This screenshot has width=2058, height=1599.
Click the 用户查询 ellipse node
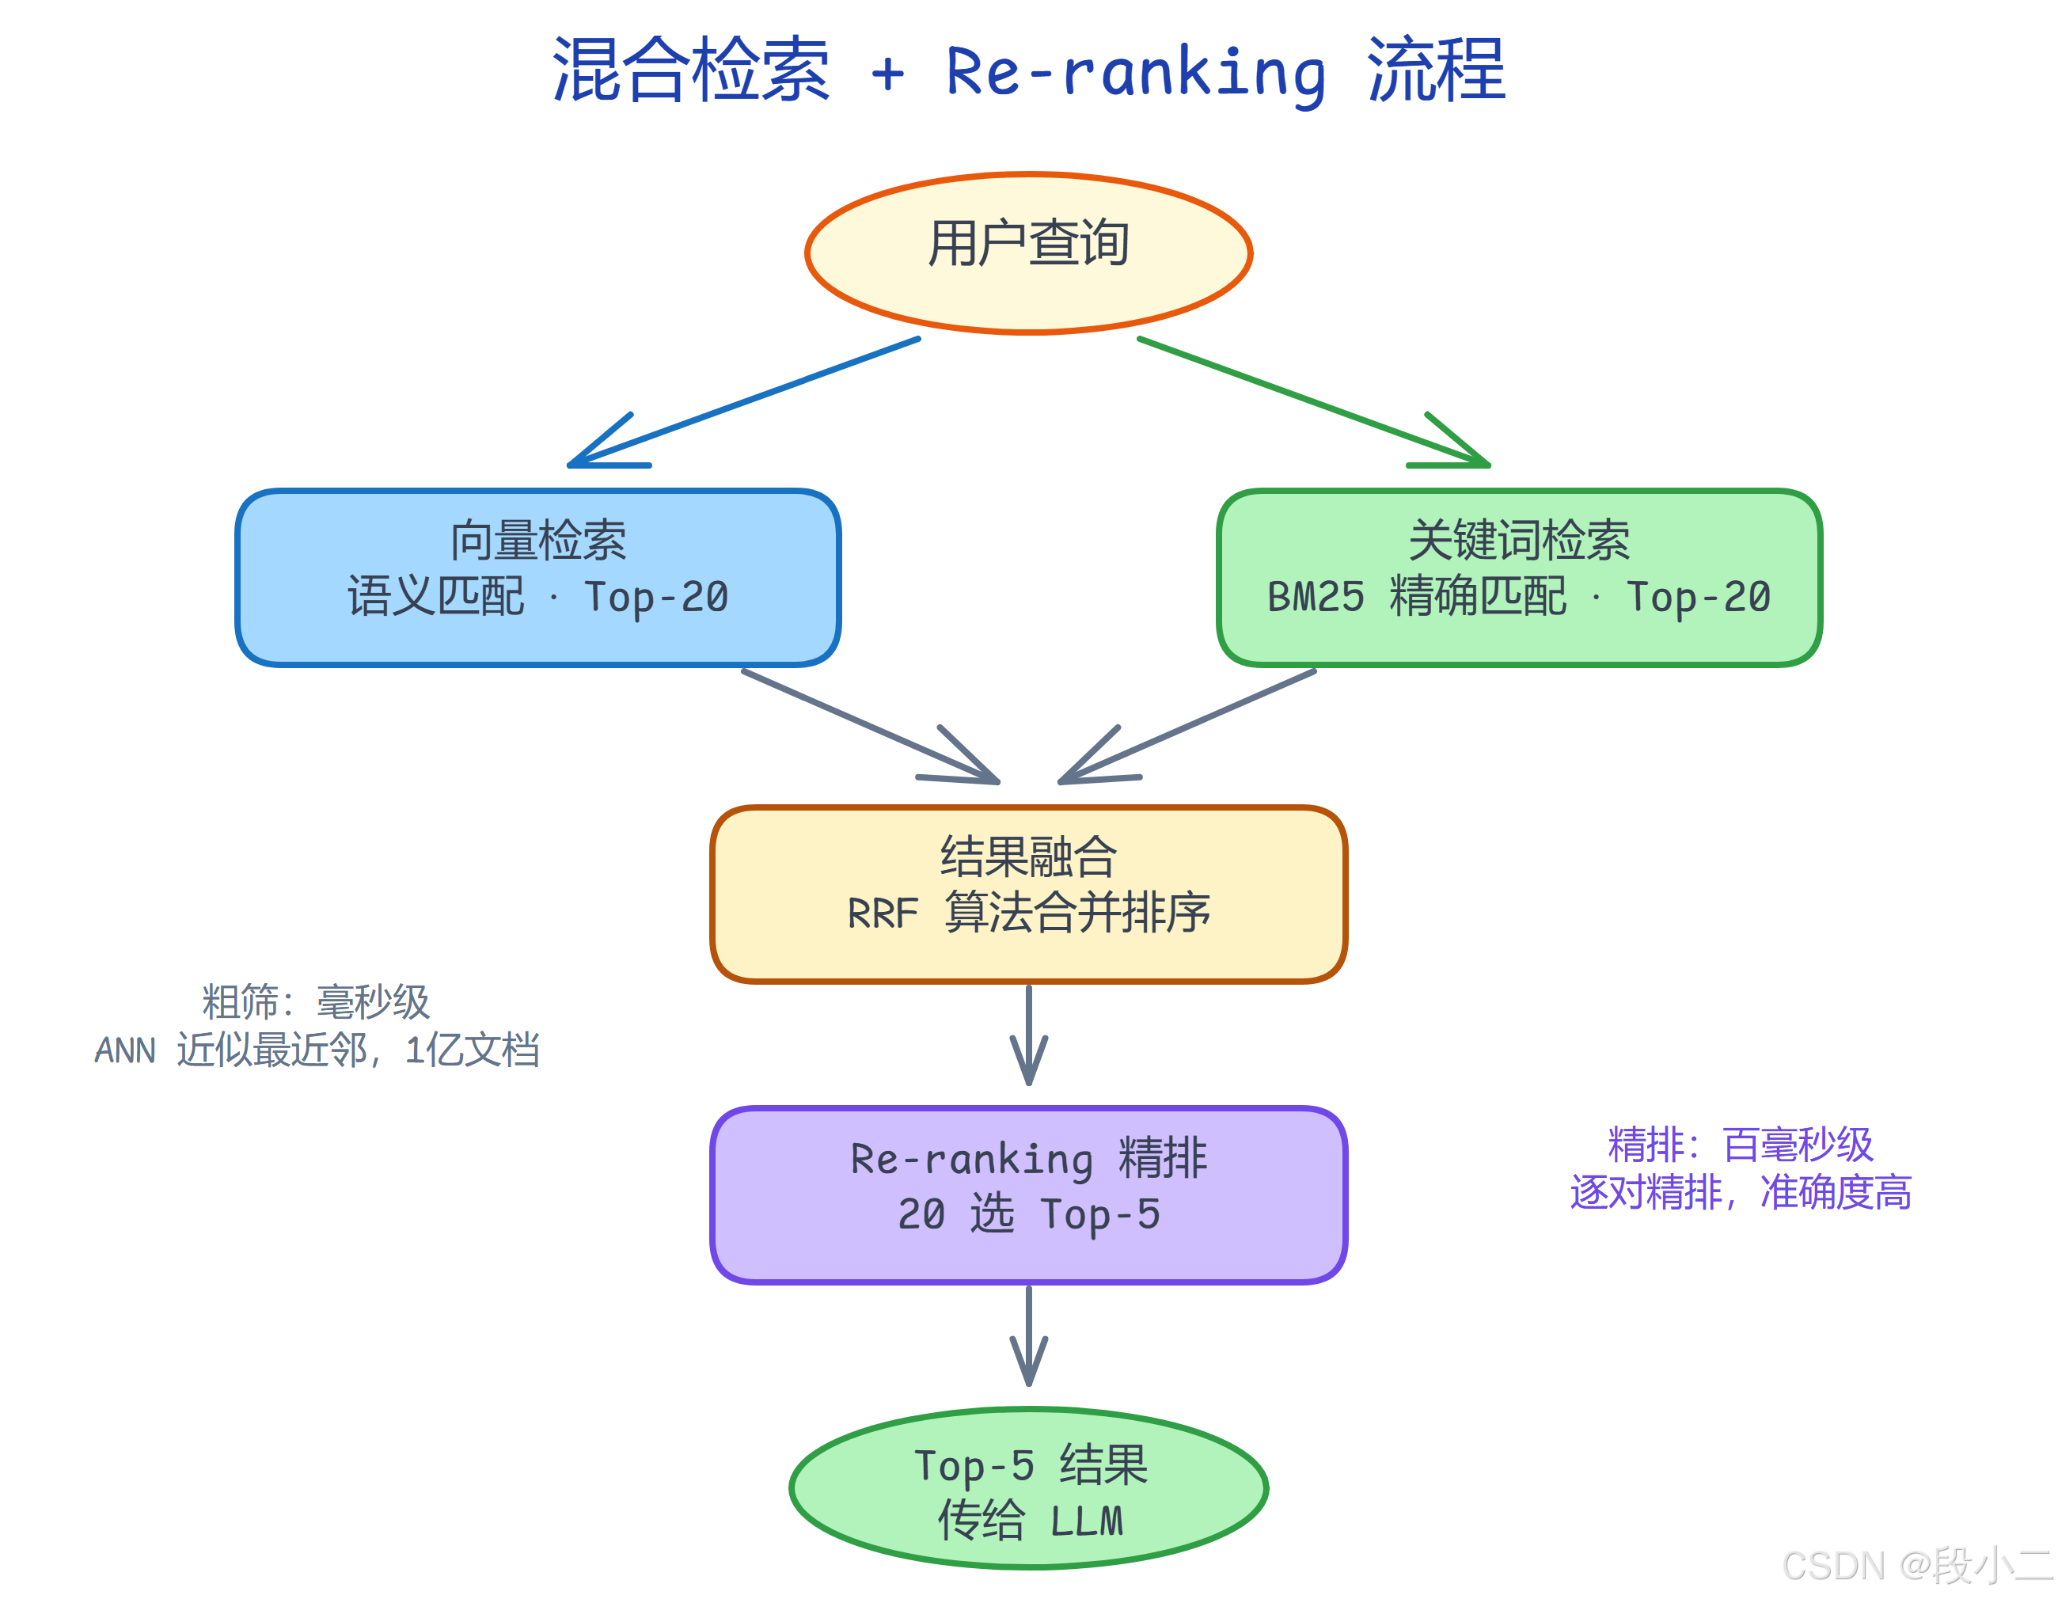coord(1028,253)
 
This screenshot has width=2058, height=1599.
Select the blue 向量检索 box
coord(537,576)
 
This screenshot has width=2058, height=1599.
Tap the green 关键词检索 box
coord(1518,576)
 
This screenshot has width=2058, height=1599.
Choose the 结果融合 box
coord(1028,893)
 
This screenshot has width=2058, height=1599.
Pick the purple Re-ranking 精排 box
coord(1028,1194)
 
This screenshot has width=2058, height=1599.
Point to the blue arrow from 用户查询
coord(744,402)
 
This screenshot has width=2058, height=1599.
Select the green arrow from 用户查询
coord(1315,402)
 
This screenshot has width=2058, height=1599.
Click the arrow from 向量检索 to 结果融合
coord(871,727)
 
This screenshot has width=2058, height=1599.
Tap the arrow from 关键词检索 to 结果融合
coord(1187,727)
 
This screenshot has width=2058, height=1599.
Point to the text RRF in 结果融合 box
coord(881,913)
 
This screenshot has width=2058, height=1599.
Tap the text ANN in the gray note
coord(124,1050)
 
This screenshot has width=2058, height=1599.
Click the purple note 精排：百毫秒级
coord(1740,1144)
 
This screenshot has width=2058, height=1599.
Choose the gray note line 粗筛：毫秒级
coord(316,1001)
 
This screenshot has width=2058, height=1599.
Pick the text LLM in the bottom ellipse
coord(1087,1521)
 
